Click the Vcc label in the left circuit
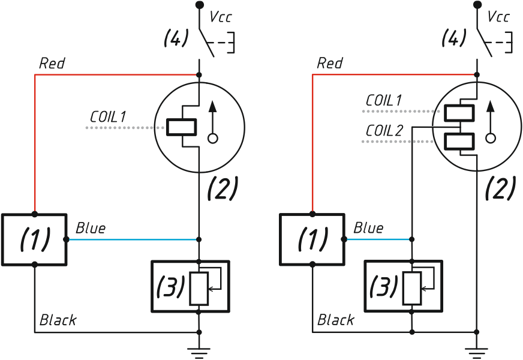(x=220, y=17)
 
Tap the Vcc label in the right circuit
(x=498, y=17)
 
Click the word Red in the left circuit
(x=52, y=63)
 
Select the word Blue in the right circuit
(x=368, y=228)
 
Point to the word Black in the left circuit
(x=58, y=320)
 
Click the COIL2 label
(x=384, y=130)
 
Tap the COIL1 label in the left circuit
(x=108, y=117)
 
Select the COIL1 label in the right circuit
(x=384, y=100)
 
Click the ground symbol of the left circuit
(x=199, y=353)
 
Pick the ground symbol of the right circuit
(x=477, y=353)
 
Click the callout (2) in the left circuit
(x=223, y=188)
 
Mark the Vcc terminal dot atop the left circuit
(x=200, y=5)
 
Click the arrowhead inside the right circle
(x=491, y=106)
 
